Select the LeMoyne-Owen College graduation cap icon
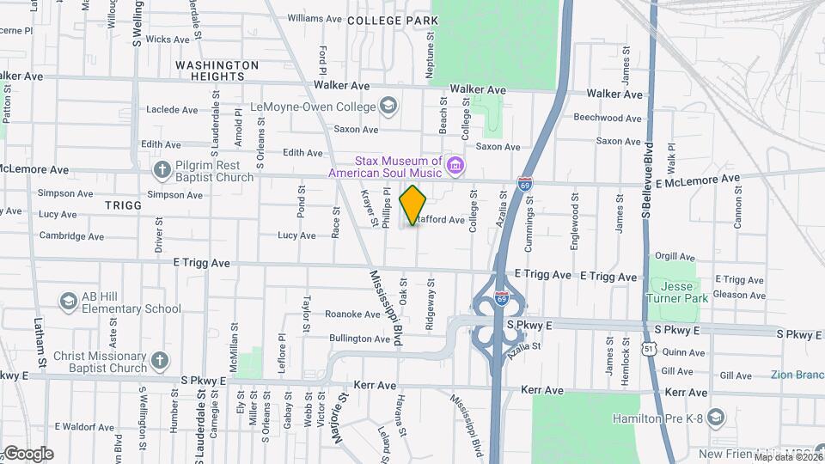(388, 107)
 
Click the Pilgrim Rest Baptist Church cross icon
(162, 170)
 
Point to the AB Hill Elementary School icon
(68, 302)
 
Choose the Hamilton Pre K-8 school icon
(718, 418)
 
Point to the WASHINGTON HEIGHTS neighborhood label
(217, 70)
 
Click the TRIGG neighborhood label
(122, 206)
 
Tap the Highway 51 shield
(650, 346)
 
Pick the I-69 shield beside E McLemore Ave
(525, 183)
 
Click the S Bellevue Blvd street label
(647, 181)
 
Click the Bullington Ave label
(354, 339)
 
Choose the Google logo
(28, 453)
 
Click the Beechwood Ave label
(608, 118)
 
